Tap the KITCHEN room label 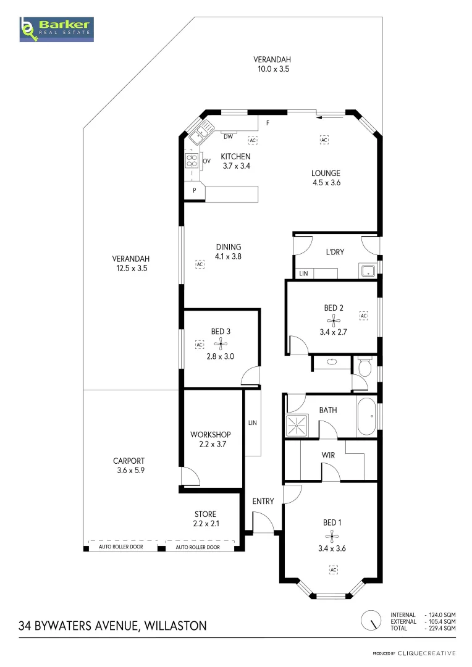pyautogui.click(x=235, y=157)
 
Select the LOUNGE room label pyautogui.click(x=326, y=174)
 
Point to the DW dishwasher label pyautogui.click(x=228, y=136)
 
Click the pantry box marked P pyautogui.click(x=195, y=190)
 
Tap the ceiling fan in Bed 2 pyautogui.click(x=334, y=320)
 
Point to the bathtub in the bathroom pyautogui.click(x=366, y=417)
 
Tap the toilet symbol pyautogui.click(x=365, y=368)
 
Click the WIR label pyautogui.click(x=328, y=455)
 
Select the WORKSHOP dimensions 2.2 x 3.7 pyautogui.click(x=210, y=444)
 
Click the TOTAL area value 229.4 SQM pyautogui.click(x=441, y=628)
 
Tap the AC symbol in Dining pyautogui.click(x=200, y=264)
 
